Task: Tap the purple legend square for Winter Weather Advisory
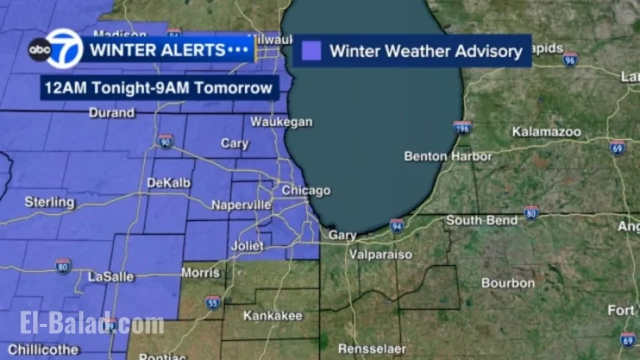click(312, 51)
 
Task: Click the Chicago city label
click(306, 191)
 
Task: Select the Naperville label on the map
click(241, 205)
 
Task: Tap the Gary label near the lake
click(342, 236)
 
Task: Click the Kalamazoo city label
click(547, 133)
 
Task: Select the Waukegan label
click(281, 122)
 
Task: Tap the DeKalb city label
click(169, 183)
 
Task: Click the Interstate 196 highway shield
click(462, 128)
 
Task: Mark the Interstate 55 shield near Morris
click(213, 302)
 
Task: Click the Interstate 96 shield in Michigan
click(569, 60)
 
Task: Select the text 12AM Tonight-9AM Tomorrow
click(158, 89)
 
